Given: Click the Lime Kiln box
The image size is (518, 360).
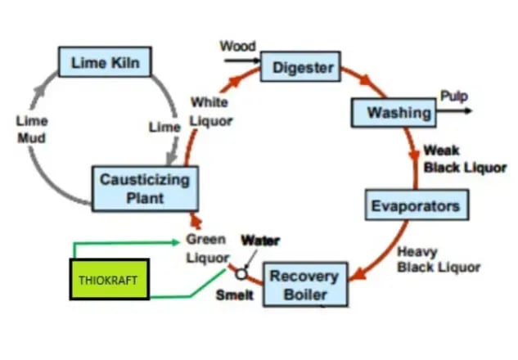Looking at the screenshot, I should (104, 62).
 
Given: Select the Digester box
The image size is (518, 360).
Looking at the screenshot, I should (302, 66).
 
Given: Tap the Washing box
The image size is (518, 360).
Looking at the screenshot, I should (393, 112).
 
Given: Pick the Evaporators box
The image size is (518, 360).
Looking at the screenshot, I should (417, 205).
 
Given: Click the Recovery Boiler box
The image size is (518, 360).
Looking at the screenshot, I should (304, 283).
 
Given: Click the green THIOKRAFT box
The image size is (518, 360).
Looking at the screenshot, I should (109, 280).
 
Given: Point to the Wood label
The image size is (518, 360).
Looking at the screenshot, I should (237, 46).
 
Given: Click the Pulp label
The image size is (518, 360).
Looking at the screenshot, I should (454, 96).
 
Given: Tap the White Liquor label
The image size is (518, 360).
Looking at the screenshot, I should (210, 111).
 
